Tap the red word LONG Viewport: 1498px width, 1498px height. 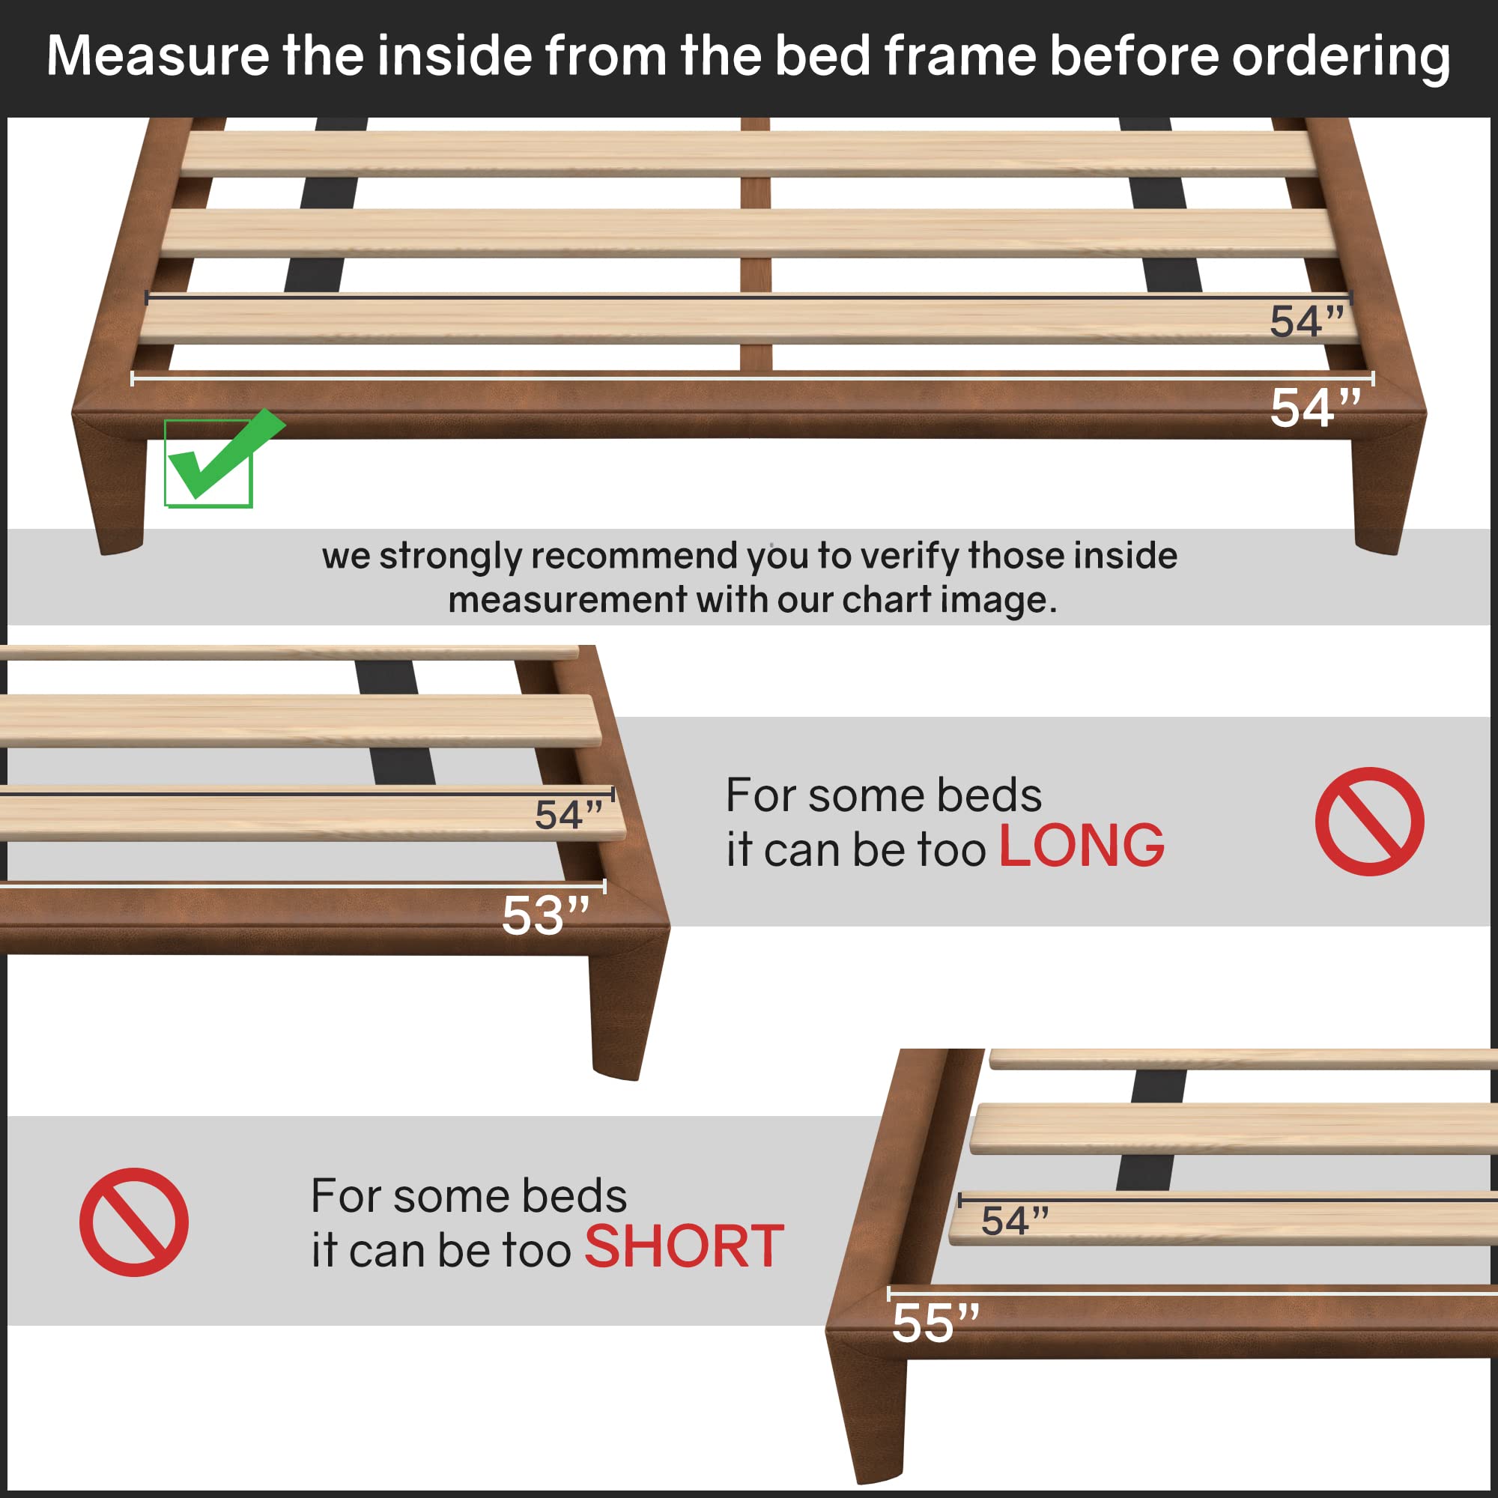click(x=1081, y=846)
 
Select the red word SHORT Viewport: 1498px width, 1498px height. click(x=684, y=1247)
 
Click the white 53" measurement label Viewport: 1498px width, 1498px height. click(x=545, y=917)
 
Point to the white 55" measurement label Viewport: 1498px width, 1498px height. click(x=935, y=1323)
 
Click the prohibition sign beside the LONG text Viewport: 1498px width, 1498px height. click(x=1368, y=822)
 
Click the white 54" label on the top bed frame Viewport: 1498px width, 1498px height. click(x=1315, y=409)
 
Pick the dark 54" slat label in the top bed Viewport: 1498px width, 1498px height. click(x=1306, y=322)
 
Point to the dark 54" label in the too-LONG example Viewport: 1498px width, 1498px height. click(x=568, y=815)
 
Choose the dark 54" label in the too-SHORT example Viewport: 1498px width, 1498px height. click(x=1015, y=1221)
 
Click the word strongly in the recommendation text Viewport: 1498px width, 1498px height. click(x=450, y=556)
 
